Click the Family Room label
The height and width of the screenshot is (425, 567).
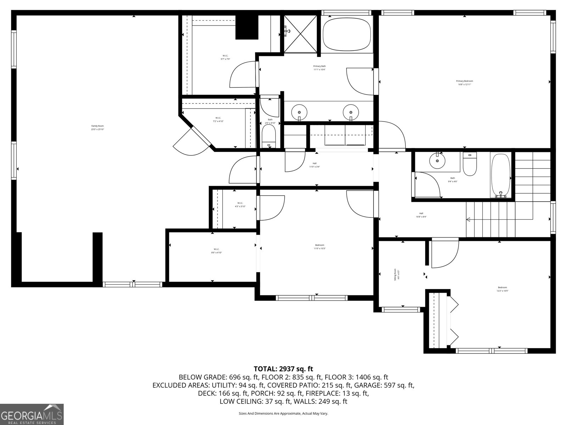click(97, 127)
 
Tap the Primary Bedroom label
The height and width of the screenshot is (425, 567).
click(464, 83)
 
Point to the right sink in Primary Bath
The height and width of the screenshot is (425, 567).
click(351, 112)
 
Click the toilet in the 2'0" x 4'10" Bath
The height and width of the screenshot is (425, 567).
click(269, 136)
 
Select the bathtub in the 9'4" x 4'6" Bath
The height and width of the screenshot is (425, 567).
click(500, 175)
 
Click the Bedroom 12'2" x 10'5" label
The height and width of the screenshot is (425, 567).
click(502, 289)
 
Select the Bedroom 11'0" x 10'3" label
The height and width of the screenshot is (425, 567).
click(320, 246)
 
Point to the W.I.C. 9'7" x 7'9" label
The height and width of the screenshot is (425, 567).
click(225, 57)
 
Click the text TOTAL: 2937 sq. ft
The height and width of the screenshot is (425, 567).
click(283, 369)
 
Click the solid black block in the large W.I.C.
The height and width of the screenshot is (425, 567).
click(247, 27)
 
